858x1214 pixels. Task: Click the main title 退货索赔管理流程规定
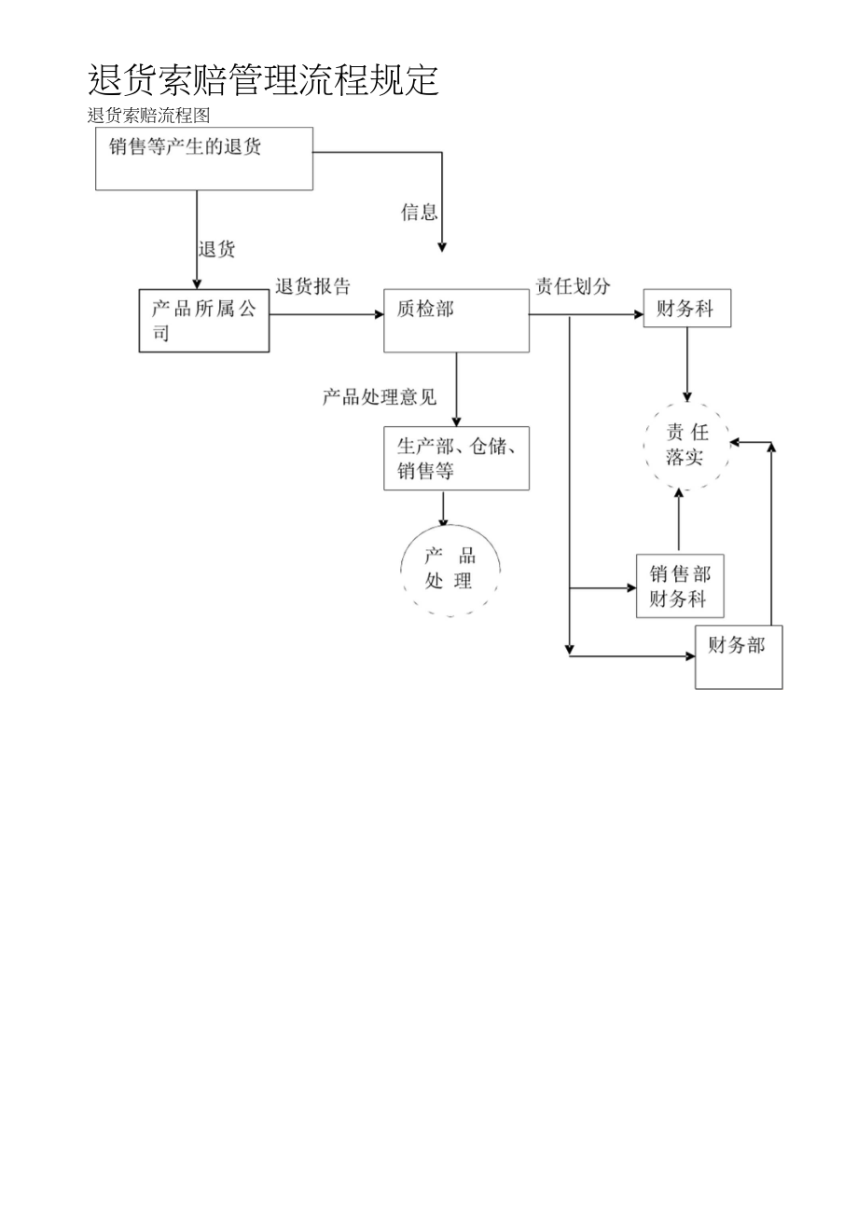click(x=263, y=81)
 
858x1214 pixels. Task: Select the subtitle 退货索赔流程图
click(x=149, y=116)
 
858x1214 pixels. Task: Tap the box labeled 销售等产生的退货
click(x=204, y=159)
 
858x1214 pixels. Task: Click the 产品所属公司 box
click(x=204, y=320)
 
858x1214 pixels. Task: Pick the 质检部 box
click(x=456, y=320)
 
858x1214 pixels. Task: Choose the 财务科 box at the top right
click(x=686, y=309)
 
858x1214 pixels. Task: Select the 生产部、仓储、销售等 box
click(x=456, y=458)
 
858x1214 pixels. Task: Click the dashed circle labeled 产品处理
click(x=450, y=568)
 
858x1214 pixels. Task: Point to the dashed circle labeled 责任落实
click(x=687, y=445)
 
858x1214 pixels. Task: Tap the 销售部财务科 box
click(x=679, y=586)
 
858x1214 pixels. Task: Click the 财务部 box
click(x=738, y=657)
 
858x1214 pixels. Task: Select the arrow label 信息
click(x=419, y=213)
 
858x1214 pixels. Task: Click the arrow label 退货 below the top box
click(x=216, y=250)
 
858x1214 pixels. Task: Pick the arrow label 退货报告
click(x=313, y=287)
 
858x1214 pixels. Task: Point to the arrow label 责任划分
click(x=573, y=286)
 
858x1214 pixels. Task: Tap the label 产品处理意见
click(x=380, y=397)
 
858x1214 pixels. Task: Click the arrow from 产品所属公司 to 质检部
click(x=326, y=315)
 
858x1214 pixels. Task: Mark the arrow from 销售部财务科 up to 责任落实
click(x=678, y=522)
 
